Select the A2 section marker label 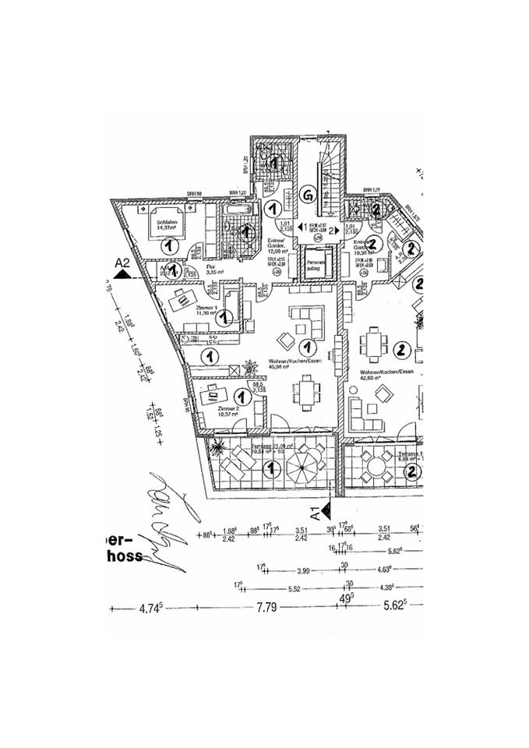point(121,263)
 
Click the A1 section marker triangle point(327,510)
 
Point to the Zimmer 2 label point(227,410)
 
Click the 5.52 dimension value point(294,588)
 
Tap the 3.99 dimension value point(303,570)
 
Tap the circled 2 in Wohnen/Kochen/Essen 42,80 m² point(402,349)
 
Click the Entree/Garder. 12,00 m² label point(277,246)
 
